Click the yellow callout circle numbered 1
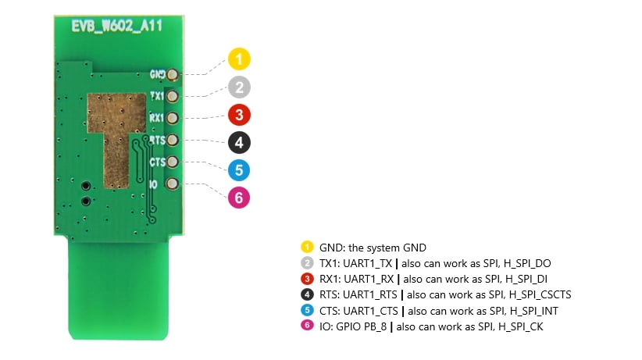point(240,59)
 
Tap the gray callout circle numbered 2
point(240,87)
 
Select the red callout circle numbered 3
point(240,115)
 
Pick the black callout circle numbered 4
point(240,142)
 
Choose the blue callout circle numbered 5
point(240,169)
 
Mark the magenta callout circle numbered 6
point(240,198)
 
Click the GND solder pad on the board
point(173,75)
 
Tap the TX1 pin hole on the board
point(173,97)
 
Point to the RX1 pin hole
point(173,119)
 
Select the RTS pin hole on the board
point(173,141)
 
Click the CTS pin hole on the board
point(173,162)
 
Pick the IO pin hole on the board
point(173,184)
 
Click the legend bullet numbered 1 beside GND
point(308,247)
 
